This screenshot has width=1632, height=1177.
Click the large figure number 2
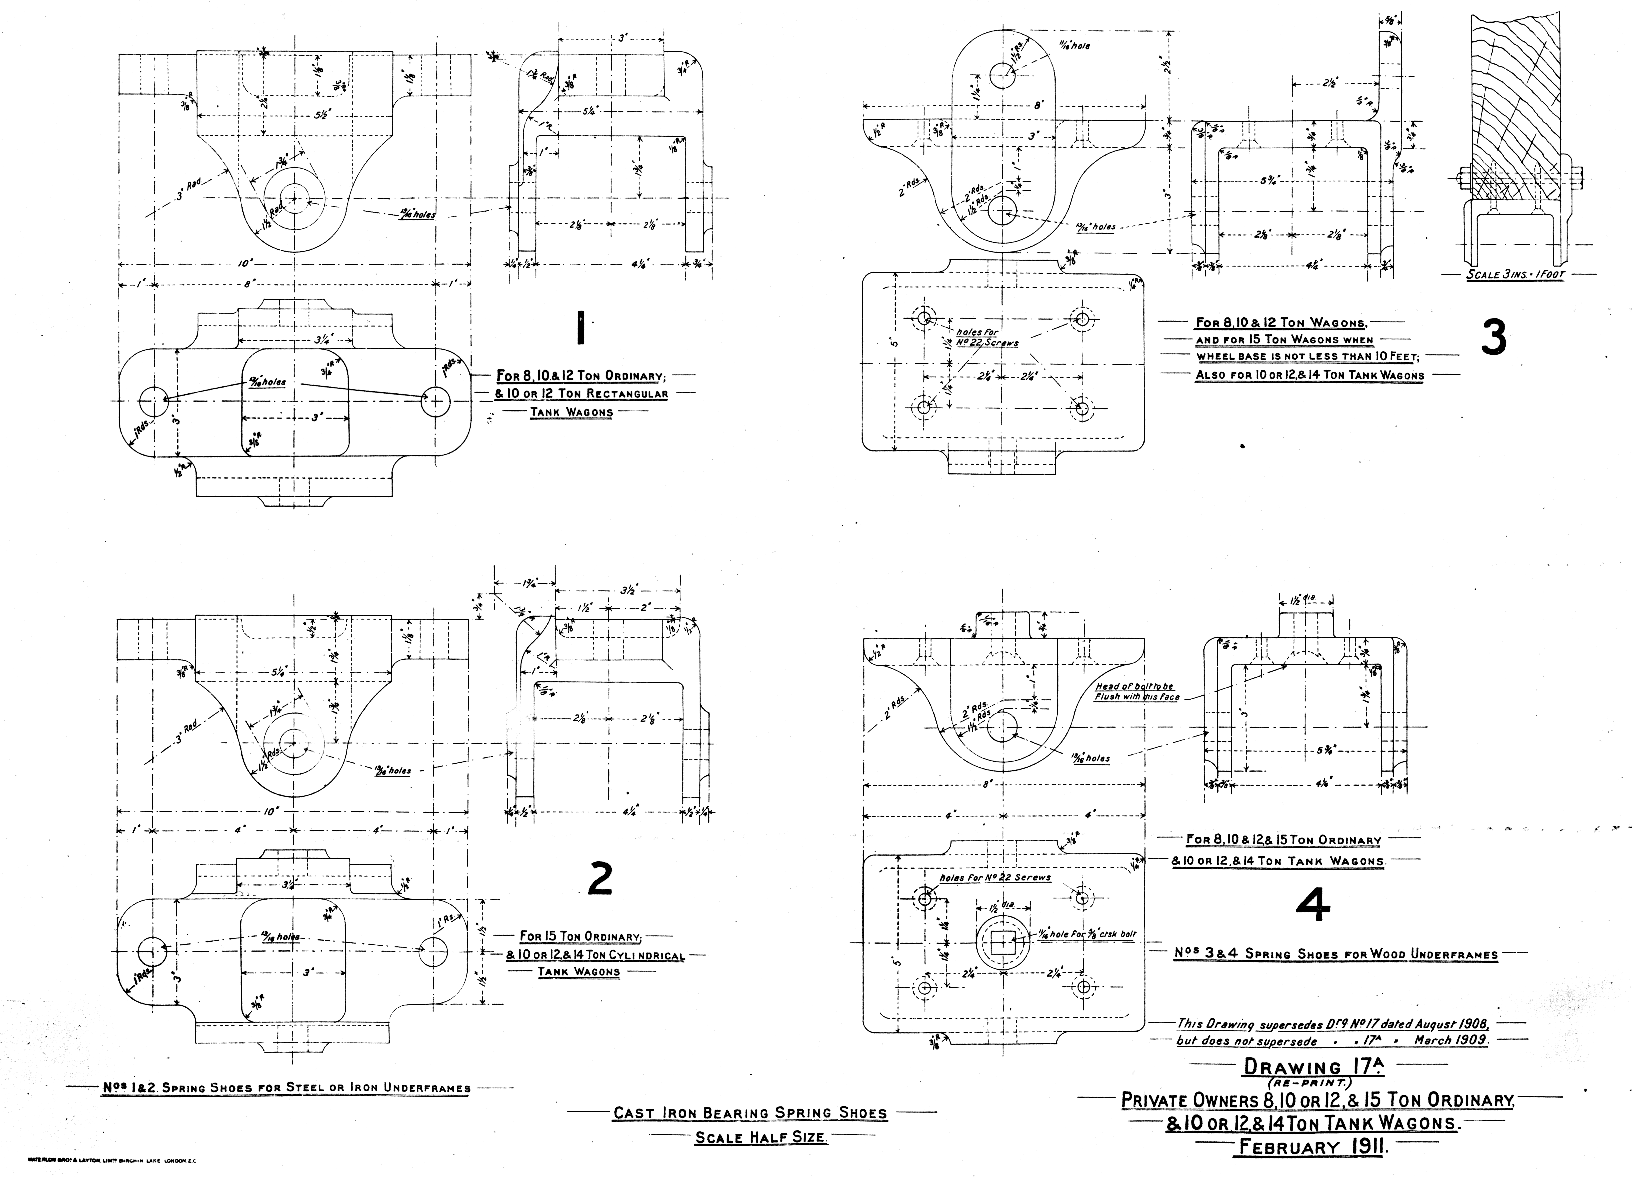click(x=600, y=879)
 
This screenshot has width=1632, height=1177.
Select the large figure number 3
click(x=1494, y=338)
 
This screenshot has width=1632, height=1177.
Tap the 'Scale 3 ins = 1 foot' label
click(x=1515, y=275)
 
